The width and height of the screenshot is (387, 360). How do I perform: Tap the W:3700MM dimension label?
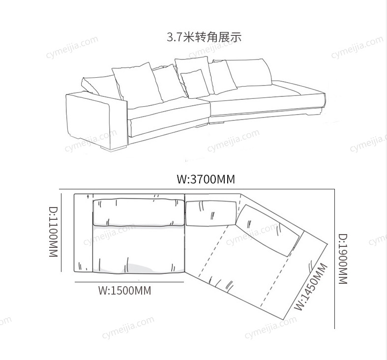pyautogui.click(x=206, y=179)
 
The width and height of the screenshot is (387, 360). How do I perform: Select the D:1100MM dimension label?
pyautogui.click(x=53, y=232)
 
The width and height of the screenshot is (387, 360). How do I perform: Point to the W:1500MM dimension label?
pyautogui.click(x=124, y=290)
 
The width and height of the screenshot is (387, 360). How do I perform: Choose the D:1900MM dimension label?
pyautogui.click(x=343, y=259)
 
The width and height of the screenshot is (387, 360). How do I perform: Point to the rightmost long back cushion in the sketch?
pyautogui.click(x=249, y=73)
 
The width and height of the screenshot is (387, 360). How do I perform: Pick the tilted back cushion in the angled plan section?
pyautogui.click(x=269, y=229)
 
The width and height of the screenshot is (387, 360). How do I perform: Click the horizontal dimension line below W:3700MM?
pyautogui.click(x=197, y=189)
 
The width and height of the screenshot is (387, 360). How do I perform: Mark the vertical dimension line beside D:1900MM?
pyautogui.click(x=334, y=259)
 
